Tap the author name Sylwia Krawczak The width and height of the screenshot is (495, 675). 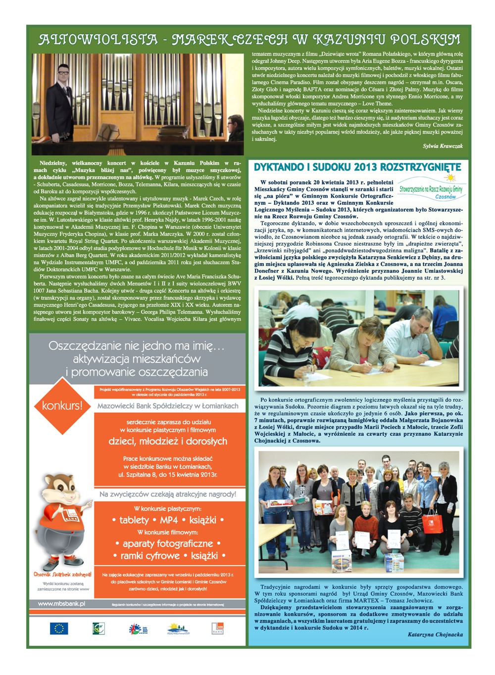point(443,146)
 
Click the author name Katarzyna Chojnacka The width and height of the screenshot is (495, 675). point(435,634)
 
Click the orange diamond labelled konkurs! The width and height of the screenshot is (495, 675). point(62,406)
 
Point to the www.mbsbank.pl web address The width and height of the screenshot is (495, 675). point(61,604)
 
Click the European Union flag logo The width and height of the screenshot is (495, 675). point(58,629)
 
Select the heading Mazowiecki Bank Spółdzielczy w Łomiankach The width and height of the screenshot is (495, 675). point(168,406)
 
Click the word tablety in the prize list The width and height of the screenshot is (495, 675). point(134,520)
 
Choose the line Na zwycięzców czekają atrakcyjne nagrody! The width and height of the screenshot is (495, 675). point(168,494)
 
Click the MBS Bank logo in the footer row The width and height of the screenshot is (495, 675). point(217,629)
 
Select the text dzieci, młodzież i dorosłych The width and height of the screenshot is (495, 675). point(168,441)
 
